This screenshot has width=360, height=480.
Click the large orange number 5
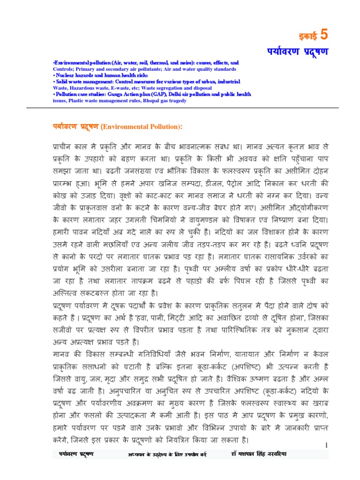coord(324,35)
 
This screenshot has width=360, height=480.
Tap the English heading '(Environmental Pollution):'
coord(141,127)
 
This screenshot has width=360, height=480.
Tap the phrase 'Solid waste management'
coord(80,82)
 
